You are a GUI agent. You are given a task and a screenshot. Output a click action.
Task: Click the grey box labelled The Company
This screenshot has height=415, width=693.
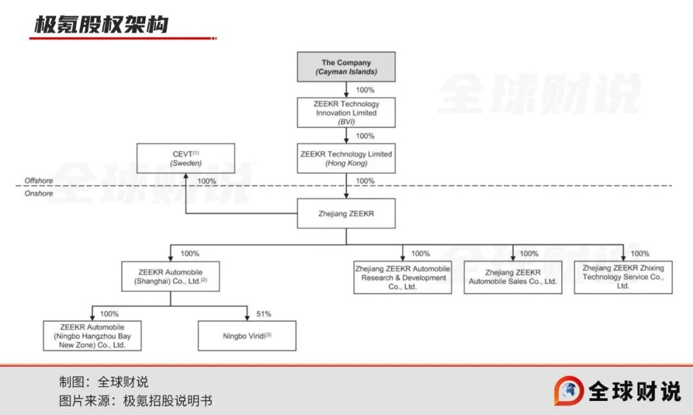(346, 67)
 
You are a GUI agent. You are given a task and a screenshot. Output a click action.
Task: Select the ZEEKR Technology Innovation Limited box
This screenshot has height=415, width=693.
(346, 113)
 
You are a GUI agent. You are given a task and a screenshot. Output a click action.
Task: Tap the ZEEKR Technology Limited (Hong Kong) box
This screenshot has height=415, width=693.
(346, 158)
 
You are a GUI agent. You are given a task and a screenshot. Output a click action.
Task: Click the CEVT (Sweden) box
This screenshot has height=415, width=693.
(185, 158)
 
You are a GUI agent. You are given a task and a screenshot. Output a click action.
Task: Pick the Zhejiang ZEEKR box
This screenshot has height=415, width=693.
(346, 214)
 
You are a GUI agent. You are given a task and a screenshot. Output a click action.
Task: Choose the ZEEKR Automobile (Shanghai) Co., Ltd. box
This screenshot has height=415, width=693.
(170, 276)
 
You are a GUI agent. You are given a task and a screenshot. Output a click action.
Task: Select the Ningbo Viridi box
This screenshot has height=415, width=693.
(247, 335)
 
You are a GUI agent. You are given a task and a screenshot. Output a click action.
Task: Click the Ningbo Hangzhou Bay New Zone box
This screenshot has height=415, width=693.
(92, 335)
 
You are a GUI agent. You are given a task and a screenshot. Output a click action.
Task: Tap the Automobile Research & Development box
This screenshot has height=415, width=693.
(403, 278)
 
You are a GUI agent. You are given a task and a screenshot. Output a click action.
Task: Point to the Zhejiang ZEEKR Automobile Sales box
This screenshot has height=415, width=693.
(513, 278)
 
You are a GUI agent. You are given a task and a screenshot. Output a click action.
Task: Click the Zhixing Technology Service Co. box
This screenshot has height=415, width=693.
(623, 278)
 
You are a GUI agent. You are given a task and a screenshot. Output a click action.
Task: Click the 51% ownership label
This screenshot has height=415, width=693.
(263, 314)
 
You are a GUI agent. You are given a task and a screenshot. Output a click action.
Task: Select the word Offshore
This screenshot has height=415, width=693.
(38, 181)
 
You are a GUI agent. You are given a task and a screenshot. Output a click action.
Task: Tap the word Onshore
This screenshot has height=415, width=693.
(38, 193)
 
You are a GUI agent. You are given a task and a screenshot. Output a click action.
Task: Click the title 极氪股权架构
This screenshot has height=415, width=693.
(101, 24)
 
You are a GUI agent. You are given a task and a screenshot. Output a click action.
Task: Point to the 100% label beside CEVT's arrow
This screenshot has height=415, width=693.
(207, 182)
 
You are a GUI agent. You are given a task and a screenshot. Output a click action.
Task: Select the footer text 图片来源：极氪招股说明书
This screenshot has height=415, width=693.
(135, 401)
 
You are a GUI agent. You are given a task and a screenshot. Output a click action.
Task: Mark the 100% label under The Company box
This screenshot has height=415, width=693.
(364, 90)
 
